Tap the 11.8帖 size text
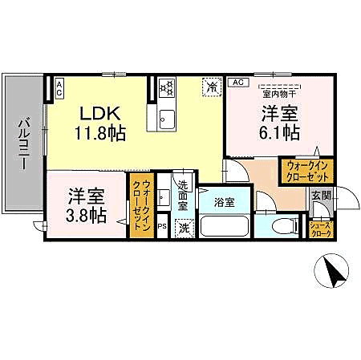click(101, 133)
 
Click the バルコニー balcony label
click(24, 144)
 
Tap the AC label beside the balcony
click(59, 89)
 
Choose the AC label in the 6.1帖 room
click(237, 83)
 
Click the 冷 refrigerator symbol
click(213, 86)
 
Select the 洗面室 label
click(182, 195)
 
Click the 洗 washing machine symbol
click(185, 228)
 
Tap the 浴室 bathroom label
click(224, 203)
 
